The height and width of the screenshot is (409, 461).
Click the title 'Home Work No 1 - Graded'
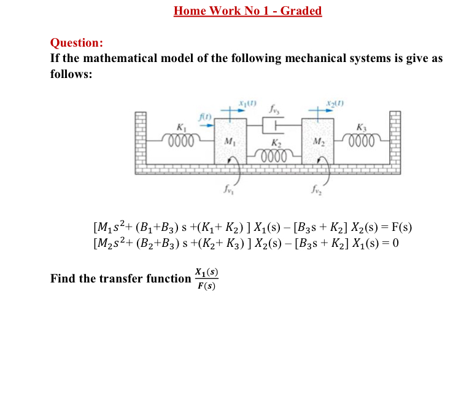tap(247, 11)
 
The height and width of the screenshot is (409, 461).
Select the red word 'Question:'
tap(76, 43)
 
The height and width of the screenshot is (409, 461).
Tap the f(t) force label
tap(203, 115)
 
